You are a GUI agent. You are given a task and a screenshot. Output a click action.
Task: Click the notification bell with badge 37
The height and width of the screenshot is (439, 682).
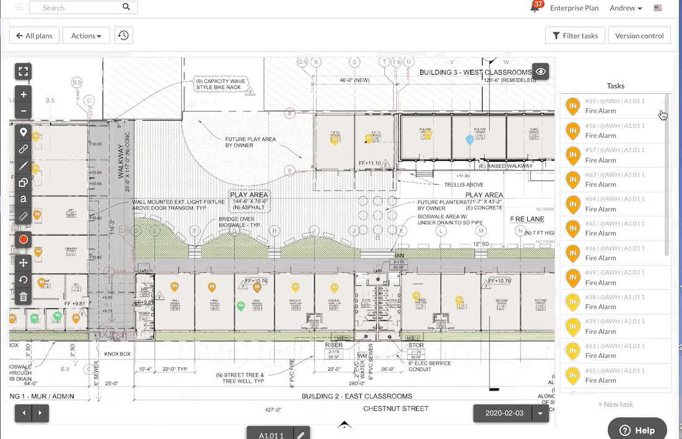(x=535, y=8)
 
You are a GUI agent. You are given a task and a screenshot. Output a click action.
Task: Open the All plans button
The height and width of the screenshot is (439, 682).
(x=35, y=36)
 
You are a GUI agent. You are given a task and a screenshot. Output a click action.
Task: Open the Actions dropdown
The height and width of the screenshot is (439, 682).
(x=86, y=36)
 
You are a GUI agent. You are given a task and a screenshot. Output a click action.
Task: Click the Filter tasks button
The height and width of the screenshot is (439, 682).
(x=575, y=36)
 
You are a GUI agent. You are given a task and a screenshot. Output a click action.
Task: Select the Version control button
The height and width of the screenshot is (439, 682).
(x=639, y=36)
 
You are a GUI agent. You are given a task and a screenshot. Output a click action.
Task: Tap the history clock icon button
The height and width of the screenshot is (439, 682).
(x=124, y=36)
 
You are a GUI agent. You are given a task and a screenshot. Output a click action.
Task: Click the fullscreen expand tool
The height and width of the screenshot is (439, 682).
(x=24, y=72)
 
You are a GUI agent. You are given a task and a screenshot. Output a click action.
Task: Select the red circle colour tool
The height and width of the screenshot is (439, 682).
(x=24, y=239)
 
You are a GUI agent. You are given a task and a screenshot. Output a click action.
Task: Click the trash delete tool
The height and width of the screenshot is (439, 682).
(x=24, y=297)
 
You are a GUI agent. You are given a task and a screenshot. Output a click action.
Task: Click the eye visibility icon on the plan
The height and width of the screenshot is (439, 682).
(x=541, y=72)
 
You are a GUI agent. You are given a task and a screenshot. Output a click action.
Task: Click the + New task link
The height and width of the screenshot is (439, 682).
(x=615, y=404)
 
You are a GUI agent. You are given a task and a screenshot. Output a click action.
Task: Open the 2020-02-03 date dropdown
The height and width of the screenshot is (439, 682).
(x=541, y=413)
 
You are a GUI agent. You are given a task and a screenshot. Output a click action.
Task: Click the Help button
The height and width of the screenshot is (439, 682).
(x=637, y=430)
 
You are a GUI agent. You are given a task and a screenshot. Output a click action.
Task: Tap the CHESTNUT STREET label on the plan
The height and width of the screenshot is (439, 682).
(x=395, y=409)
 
